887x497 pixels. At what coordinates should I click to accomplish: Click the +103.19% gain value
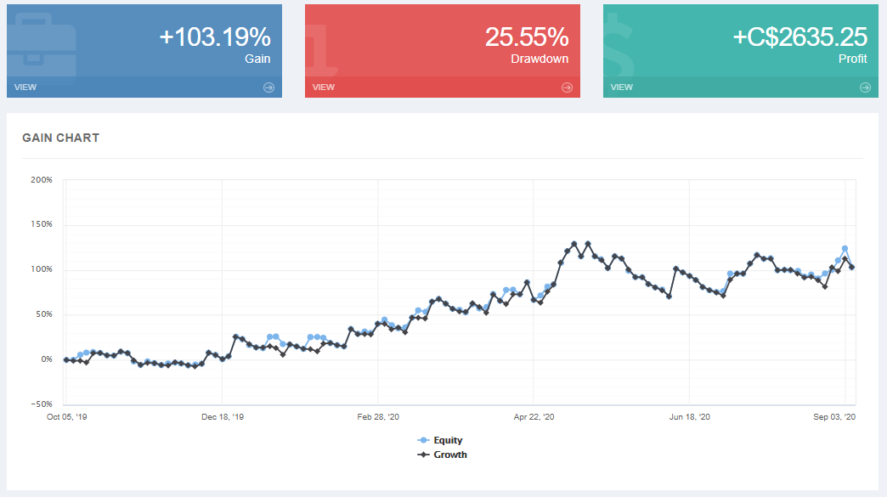(x=215, y=37)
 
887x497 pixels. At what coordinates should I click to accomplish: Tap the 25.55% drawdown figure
(x=527, y=37)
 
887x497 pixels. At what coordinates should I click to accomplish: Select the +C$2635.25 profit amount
(x=801, y=37)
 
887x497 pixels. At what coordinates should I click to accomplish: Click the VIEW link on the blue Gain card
(x=25, y=87)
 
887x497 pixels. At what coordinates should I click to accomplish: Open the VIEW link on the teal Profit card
(x=622, y=87)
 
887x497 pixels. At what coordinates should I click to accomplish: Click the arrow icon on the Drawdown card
(x=567, y=87)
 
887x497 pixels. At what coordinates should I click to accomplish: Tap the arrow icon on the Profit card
(x=865, y=87)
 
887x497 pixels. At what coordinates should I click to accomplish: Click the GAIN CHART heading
(x=60, y=138)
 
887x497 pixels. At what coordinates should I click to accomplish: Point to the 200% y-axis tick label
(x=42, y=180)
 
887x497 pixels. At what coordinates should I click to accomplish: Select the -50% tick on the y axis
(x=42, y=404)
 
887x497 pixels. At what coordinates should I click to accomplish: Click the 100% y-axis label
(x=42, y=269)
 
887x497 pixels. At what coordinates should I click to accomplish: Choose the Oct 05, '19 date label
(x=67, y=417)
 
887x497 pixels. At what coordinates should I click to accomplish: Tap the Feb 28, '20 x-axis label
(x=378, y=417)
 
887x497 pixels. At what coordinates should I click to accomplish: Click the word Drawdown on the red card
(x=540, y=59)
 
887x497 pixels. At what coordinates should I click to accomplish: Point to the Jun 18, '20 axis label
(x=690, y=417)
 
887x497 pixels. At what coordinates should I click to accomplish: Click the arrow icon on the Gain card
(x=268, y=87)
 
